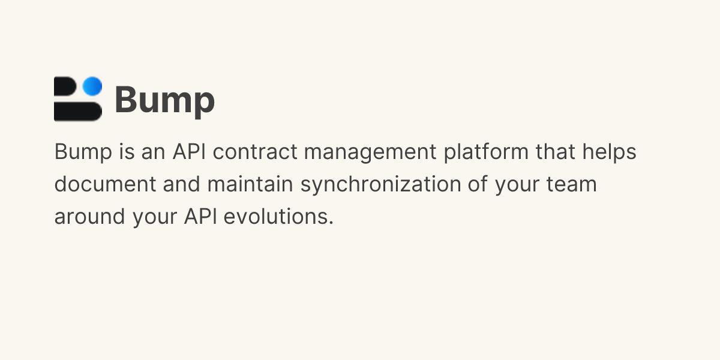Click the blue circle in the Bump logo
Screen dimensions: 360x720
(x=92, y=86)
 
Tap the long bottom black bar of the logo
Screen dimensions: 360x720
(x=77, y=112)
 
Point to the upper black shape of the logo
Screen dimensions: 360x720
(x=67, y=87)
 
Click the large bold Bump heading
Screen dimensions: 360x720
(x=164, y=100)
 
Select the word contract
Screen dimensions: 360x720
(x=255, y=152)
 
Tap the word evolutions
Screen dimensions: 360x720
(x=278, y=217)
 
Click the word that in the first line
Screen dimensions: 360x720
(x=556, y=152)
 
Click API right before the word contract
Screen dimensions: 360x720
(x=189, y=152)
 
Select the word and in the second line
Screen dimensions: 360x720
(x=182, y=184)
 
